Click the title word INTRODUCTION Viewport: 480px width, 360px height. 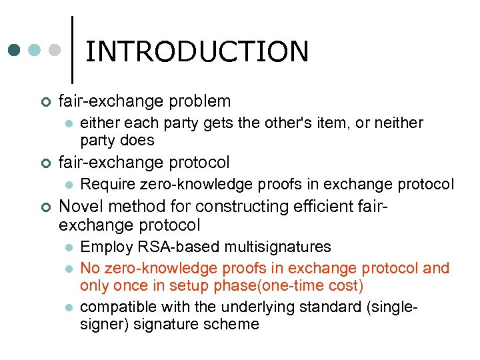(197, 51)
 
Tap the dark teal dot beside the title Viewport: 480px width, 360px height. (15, 50)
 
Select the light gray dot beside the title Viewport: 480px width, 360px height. (55, 50)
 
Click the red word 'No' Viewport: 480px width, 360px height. (91, 268)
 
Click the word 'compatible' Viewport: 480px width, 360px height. (114, 307)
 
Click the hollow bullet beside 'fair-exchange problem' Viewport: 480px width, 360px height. (44, 102)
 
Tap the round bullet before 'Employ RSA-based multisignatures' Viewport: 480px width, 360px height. (67, 247)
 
